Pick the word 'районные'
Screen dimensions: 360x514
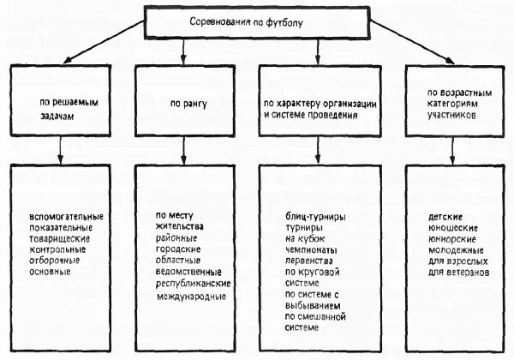point(175,237)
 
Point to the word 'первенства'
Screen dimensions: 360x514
point(310,262)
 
